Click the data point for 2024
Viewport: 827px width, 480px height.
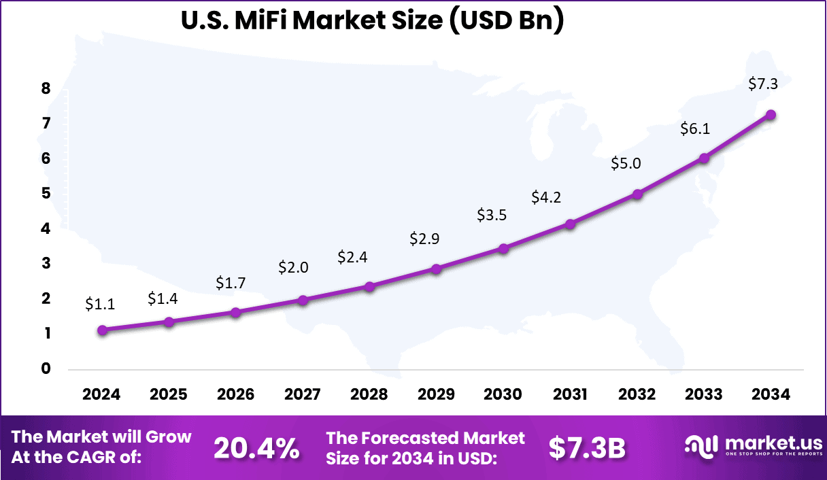(102, 330)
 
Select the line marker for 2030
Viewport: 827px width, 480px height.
(503, 249)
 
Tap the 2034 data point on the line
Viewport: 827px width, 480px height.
(771, 115)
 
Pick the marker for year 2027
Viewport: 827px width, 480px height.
(303, 300)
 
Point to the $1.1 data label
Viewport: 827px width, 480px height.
(100, 305)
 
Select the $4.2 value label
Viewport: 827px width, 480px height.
(546, 198)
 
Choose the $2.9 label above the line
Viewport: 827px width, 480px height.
(424, 239)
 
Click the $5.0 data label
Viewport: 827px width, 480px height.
(626, 163)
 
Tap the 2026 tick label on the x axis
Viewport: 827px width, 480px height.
(235, 395)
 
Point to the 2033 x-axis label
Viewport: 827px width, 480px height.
(704, 395)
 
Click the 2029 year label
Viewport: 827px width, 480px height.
(436, 395)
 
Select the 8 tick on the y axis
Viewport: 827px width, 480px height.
(46, 88)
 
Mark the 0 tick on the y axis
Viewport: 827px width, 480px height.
(46, 369)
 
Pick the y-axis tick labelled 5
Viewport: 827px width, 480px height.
(46, 194)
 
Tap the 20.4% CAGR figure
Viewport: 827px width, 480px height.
(256, 448)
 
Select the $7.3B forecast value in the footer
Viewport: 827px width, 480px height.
(587, 448)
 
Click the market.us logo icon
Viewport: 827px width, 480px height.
(702, 447)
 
